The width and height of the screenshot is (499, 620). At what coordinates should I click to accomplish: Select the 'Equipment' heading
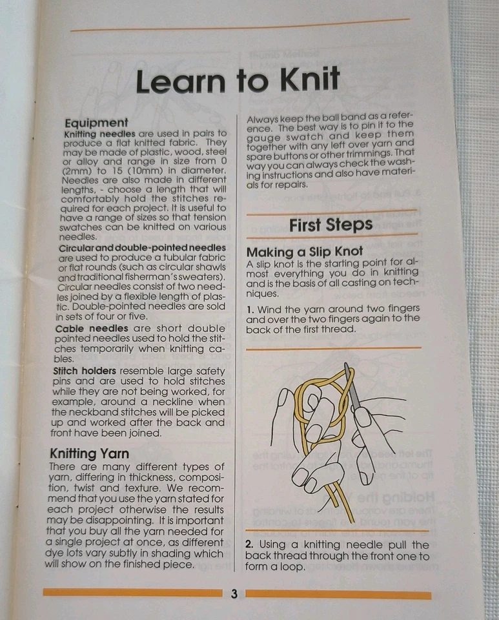96,123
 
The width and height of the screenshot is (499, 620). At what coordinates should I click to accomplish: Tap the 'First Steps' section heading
331,225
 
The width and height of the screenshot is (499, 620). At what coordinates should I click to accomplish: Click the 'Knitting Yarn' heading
89,454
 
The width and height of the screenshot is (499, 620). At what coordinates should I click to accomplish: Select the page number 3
234,594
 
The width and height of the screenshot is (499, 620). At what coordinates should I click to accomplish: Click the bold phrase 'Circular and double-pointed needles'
142,248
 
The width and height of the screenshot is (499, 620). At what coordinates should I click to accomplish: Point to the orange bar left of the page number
132,593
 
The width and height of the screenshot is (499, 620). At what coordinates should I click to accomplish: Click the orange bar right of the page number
338,595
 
